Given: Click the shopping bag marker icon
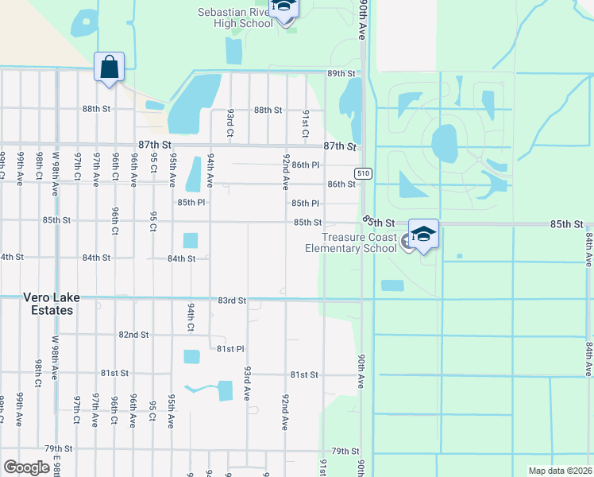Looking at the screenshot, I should (109, 68).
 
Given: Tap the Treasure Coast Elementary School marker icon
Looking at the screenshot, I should (424, 234).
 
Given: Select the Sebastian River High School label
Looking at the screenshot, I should (236, 17).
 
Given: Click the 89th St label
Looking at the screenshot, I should (341, 73).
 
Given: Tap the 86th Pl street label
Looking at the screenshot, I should (305, 165).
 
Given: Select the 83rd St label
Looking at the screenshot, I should (232, 301).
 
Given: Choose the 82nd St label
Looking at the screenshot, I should (133, 335).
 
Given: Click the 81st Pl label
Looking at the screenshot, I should (229, 349).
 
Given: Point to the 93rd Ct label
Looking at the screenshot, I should (229, 121).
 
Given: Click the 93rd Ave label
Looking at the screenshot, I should (248, 383).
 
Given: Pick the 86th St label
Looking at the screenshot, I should (341, 184).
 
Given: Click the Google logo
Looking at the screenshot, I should (26, 467).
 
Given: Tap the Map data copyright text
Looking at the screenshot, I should (560, 471).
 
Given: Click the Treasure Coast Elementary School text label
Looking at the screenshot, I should (350, 242).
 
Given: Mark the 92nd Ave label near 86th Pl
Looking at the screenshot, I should (286, 172).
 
